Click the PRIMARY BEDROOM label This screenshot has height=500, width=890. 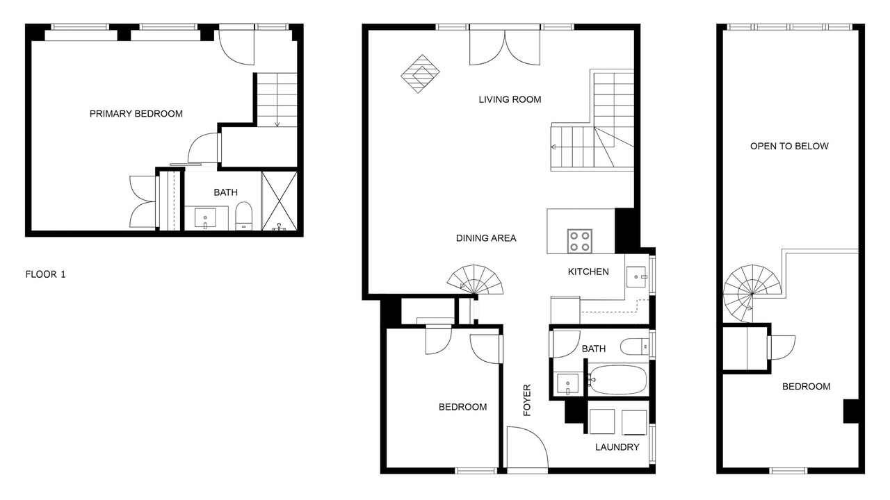(x=136, y=114)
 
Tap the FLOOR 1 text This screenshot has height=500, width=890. (x=45, y=274)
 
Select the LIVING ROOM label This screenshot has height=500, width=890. (x=510, y=99)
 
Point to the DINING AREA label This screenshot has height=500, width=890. (x=486, y=238)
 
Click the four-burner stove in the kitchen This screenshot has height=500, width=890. (x=580, y=241)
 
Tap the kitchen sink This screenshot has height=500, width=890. (x=637, y=276)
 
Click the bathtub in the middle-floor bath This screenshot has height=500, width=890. (x=617, y=380)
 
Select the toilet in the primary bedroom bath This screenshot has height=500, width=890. (x=243, y=216)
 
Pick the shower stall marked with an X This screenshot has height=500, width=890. (x=280, y=201)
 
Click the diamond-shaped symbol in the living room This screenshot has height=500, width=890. (x=420, y=74)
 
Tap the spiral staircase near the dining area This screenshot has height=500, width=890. (x=475, y=280)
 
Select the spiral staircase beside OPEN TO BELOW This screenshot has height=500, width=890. (x=752, y=294)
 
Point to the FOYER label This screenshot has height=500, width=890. (x=527, y=400)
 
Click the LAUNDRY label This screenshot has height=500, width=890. (x=617, y=447)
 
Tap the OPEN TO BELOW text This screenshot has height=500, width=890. (x=789, y=146)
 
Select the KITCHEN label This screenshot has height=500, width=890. (x=588, y=272)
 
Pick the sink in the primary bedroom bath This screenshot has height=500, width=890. (x=205, y=218)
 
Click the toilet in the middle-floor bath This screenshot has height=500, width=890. (x=634, y=347)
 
